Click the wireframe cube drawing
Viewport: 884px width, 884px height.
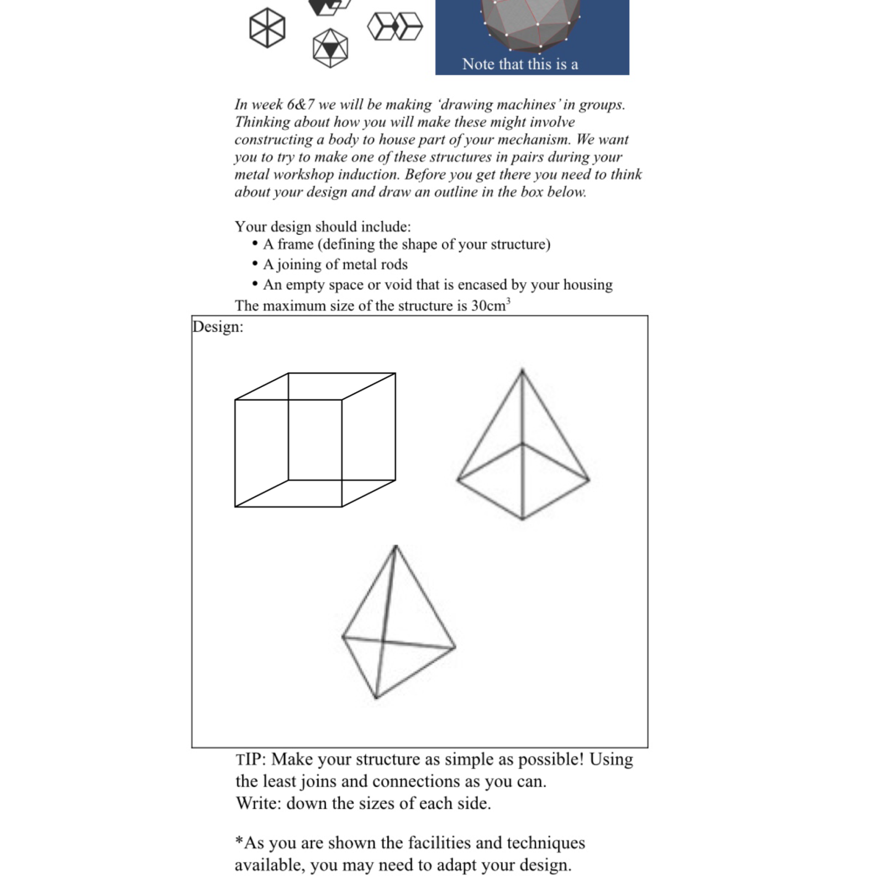(315, 440)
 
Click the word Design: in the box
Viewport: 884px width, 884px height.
(218, 327)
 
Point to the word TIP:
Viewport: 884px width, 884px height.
(251, 759)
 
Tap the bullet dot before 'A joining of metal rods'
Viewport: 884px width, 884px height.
(255, 264)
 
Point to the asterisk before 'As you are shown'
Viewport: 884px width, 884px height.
(239, 841)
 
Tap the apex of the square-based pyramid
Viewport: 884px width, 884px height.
(523, 370)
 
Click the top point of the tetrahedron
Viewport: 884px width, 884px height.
(396, 547)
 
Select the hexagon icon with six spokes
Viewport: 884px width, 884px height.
(267, 28)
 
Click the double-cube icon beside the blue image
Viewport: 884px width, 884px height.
(395, 27)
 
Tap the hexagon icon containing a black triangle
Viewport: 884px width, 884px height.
(330, 48)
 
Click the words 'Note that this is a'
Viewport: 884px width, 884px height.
(520, 64)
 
